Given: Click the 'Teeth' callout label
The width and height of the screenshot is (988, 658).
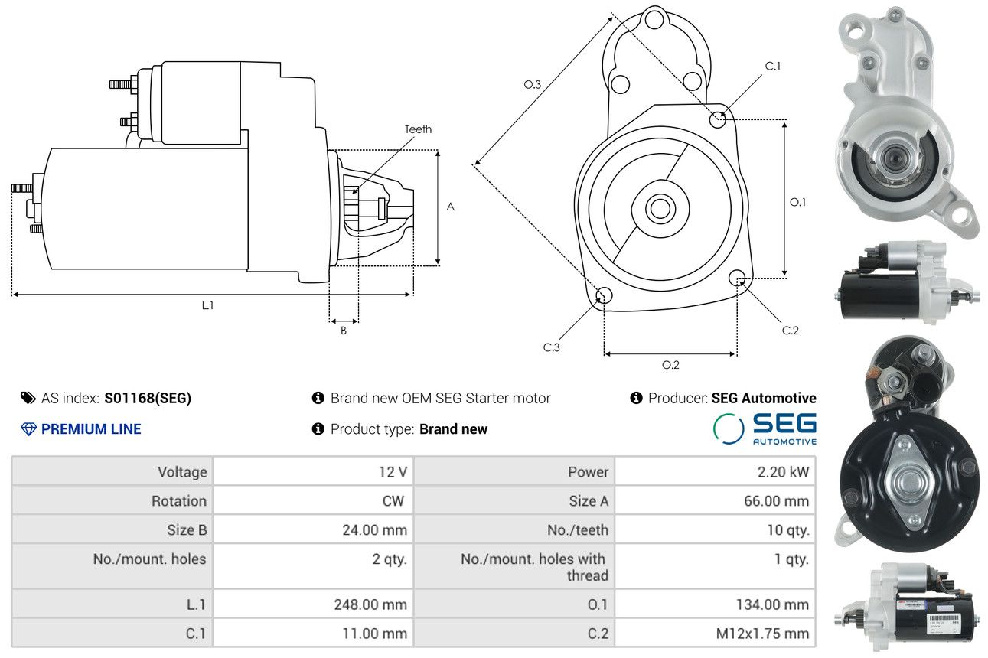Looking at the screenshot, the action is point(418,129).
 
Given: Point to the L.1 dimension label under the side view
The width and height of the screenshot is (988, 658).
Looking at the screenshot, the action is point(207,305).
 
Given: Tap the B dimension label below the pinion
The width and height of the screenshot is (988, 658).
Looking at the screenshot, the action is point(344,331).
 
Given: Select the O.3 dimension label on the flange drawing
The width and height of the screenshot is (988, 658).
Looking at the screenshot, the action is point(533,84).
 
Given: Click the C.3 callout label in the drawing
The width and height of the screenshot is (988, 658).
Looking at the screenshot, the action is point(551,347).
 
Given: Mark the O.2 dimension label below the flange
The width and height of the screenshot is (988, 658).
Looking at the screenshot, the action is point(670,365).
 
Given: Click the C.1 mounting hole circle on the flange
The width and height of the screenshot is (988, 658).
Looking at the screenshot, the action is point(718,119).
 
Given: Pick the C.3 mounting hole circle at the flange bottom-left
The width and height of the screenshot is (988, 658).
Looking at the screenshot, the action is point(604,295).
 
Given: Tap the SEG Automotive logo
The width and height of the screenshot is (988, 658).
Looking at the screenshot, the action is point(765,428).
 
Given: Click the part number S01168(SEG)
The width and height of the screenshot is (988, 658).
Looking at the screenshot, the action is point(148,398).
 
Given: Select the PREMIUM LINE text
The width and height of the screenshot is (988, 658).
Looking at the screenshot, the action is point(91,428).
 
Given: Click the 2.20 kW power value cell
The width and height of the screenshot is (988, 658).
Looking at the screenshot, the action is point(715,471).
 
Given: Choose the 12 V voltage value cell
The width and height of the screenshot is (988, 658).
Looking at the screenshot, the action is point(313,471).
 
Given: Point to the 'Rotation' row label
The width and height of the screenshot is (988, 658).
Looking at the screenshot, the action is point(179,500).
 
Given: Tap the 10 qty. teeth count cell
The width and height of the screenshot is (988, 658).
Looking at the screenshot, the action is point(715,529).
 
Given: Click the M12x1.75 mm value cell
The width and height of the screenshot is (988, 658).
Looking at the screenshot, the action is point(715,633).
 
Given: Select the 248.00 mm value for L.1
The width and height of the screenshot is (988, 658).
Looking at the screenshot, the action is point(313,604).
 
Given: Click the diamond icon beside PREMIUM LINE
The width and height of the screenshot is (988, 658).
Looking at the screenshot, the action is point(28,429).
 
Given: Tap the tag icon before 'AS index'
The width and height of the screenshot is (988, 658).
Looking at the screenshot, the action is point(28,398).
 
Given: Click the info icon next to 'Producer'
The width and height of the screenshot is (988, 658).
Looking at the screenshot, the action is point(636,398).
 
